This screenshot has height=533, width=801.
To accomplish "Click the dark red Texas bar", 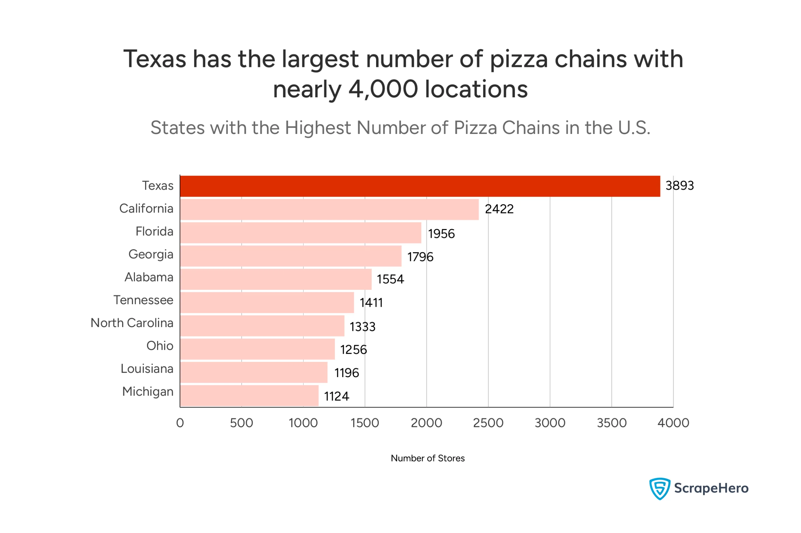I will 420,186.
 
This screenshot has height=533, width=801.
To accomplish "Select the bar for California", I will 329,209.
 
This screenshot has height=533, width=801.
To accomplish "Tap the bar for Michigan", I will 249,396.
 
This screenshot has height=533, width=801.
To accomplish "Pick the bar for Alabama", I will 276,279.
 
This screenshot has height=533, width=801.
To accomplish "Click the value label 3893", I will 679,186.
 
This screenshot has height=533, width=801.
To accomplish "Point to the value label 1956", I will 441,234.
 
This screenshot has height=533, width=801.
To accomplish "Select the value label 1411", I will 371,303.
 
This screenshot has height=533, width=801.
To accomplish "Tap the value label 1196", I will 346,373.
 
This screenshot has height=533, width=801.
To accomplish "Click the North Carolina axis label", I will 132,323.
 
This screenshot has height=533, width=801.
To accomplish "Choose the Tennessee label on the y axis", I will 143,300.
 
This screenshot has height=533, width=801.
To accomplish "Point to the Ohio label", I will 160,346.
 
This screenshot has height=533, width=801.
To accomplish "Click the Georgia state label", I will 151,254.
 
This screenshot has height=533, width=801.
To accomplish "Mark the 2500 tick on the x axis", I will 488,423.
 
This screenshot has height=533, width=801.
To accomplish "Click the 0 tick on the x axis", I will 180,423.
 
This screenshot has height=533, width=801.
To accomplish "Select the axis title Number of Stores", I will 427,458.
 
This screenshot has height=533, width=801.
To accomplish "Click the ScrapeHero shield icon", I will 659,489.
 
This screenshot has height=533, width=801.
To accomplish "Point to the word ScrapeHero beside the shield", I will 711,489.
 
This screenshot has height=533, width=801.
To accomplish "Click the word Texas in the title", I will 155,59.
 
